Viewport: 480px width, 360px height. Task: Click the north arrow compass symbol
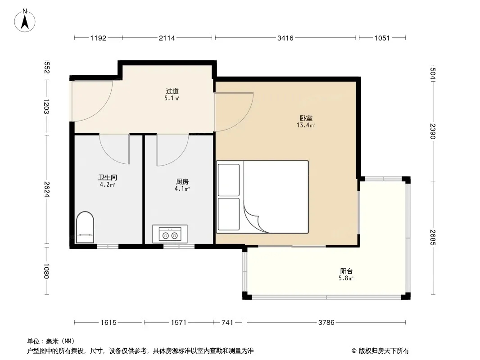tap(25, 21)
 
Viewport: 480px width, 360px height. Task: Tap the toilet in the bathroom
tap(85, 227)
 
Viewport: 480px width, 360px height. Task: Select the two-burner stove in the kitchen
tap(170, 234)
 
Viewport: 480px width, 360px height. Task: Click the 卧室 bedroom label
tap(306, 118)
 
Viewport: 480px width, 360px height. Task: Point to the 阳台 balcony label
tap(346, 271)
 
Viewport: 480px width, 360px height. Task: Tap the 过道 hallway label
tap(172, 91)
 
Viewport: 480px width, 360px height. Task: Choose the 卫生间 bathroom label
tap(108, 177)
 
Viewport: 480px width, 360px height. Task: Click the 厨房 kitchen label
tap(182, 181)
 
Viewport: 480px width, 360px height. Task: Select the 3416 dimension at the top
tap(285, 38)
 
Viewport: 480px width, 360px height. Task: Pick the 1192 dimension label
tap(98, 38)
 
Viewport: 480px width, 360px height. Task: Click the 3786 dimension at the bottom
tap(326, 322)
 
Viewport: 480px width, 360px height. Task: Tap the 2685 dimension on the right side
tap(432, 237)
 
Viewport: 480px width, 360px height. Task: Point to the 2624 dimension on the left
tap(46, 189)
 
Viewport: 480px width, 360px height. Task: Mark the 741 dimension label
tap(227, 322)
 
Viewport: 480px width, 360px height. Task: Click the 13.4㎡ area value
tap(306, 125)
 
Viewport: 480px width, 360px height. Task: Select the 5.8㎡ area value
tap(346, 278)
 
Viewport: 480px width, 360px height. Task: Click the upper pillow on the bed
tap(228, 180)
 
